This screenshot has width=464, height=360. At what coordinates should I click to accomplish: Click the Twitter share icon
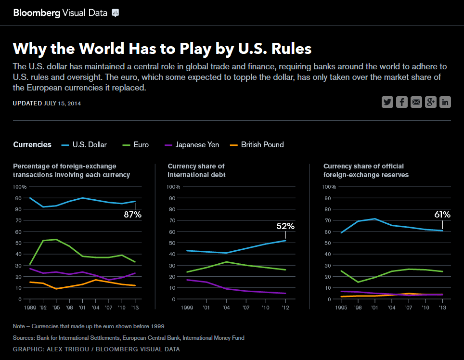point(387,102)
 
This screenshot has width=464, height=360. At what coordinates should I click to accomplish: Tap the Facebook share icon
point(402,102)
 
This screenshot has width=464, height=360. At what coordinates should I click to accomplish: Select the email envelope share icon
point(416,102)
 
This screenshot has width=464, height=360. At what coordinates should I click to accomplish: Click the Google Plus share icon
point(431,102)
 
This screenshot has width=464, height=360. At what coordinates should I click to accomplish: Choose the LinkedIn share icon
point(445,102)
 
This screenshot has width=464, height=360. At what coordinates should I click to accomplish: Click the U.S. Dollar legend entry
point(85,144)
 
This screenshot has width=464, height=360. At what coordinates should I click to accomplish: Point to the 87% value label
point(132,215)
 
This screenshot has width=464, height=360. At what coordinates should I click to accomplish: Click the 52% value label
point(285,226)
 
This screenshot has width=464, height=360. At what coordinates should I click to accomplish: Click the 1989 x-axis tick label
point(30,307)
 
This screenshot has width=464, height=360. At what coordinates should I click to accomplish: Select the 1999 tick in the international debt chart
point(186,307)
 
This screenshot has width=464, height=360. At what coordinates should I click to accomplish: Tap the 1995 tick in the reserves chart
point(341,307)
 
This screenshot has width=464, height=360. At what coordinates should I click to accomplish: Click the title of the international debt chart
point(196,170)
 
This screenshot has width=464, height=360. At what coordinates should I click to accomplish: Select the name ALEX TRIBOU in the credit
point(64,349)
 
